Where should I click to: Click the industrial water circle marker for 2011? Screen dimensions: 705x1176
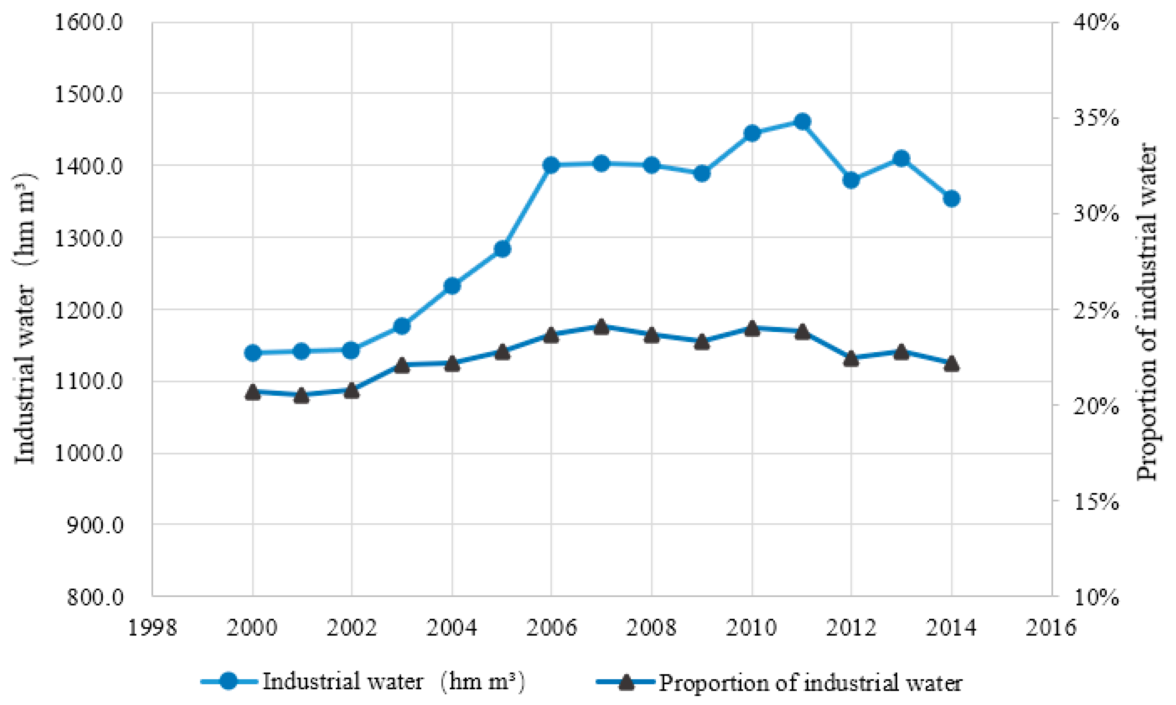pyautogui.click(x=802, y=121)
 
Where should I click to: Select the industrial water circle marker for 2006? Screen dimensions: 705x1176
pyautogui.click(x=551, y=165)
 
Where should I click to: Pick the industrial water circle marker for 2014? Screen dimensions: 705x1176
pyautogui.click(x=951, y=198)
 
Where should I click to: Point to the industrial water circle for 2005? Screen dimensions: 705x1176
pyautogui.click(x=503, y=249)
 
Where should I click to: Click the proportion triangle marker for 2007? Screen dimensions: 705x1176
pyautogui.click(x=601, y=327)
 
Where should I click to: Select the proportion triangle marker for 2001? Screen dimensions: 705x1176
pyautogui.click(x=302, y=396)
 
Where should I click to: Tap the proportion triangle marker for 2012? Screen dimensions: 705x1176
pyautogui.click(x=851, y=359)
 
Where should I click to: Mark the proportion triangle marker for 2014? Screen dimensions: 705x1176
pyautogui.click(x=951, y=364)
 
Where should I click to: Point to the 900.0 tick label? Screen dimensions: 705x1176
pyautogui.click(x=95, y=525)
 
